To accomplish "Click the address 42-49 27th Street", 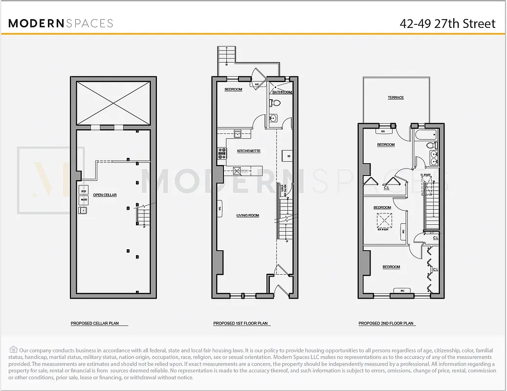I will (447, 23).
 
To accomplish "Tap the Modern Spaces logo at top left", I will (61, 23).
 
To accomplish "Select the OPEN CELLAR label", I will (105, 195).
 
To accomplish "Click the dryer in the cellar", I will (83, 192).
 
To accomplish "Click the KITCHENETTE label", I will (248, 151).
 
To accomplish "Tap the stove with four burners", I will (221, 154).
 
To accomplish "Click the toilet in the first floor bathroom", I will (276, 103).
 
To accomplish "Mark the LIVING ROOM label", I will (247, 215).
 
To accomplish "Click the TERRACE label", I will (396, 98).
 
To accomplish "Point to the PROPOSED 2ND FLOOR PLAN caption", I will (386, 324).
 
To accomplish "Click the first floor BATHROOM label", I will (282, 92).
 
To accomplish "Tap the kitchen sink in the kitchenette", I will (237, 134).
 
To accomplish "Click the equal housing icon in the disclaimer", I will (13, 350).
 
